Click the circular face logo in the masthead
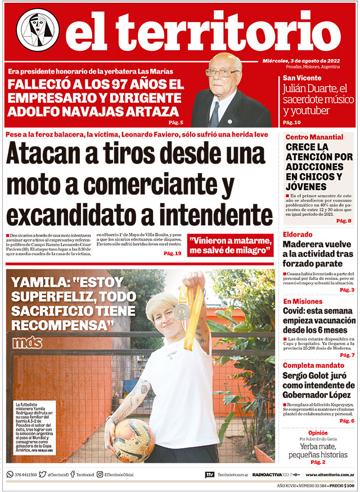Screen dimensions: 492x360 pyautogui.click(x=38, y=30)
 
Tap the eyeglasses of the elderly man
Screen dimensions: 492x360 pyautogui.click(x=222, y=73)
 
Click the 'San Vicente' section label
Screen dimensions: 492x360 pyautogui.click(x=302, y=78)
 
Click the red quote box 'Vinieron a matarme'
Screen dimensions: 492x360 pyautogui.click(x=231, y=245)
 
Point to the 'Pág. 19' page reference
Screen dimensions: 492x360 pyautogui.click(x=172, y=254)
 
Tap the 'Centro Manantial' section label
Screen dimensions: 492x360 pyautogui.click(x=314, y=137)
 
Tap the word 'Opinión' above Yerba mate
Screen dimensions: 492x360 pyautogui.click(x=318, y=434)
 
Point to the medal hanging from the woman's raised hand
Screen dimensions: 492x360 pyautogui.click(x=181, y=311)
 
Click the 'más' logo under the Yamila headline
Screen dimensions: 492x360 pyautogui.click(x=27, y=342)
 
